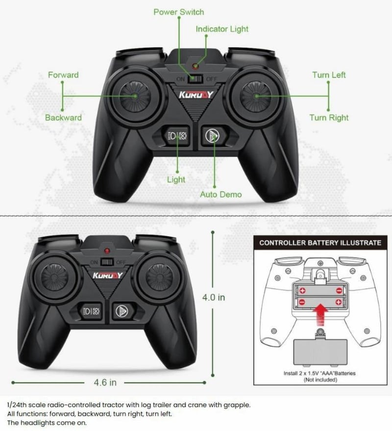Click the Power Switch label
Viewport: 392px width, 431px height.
point(179,12)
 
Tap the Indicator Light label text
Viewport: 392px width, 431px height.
point(222,29)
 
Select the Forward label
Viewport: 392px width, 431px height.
point(63,75)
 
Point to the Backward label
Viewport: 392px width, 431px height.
point(63,118)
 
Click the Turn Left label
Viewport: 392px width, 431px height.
point(329,75)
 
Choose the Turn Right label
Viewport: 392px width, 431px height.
point(329,118)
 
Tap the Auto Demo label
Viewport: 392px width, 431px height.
point(221,194)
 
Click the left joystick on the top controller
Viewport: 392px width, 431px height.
point(135,96)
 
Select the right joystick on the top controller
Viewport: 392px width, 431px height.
point(256,96)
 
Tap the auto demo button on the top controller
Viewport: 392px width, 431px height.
point(212,136)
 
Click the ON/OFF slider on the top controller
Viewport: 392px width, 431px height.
point(195,79)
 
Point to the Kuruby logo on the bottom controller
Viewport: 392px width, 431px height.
point(107,275)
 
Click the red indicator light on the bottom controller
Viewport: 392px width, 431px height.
point(107,251)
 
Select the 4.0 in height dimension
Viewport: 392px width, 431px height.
point(214,297)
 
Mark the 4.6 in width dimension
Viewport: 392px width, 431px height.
point(105,383)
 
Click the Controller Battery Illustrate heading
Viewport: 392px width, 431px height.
point(320,243)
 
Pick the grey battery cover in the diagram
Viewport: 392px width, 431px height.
point(320,352)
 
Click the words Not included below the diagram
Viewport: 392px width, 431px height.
point(320,380)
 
